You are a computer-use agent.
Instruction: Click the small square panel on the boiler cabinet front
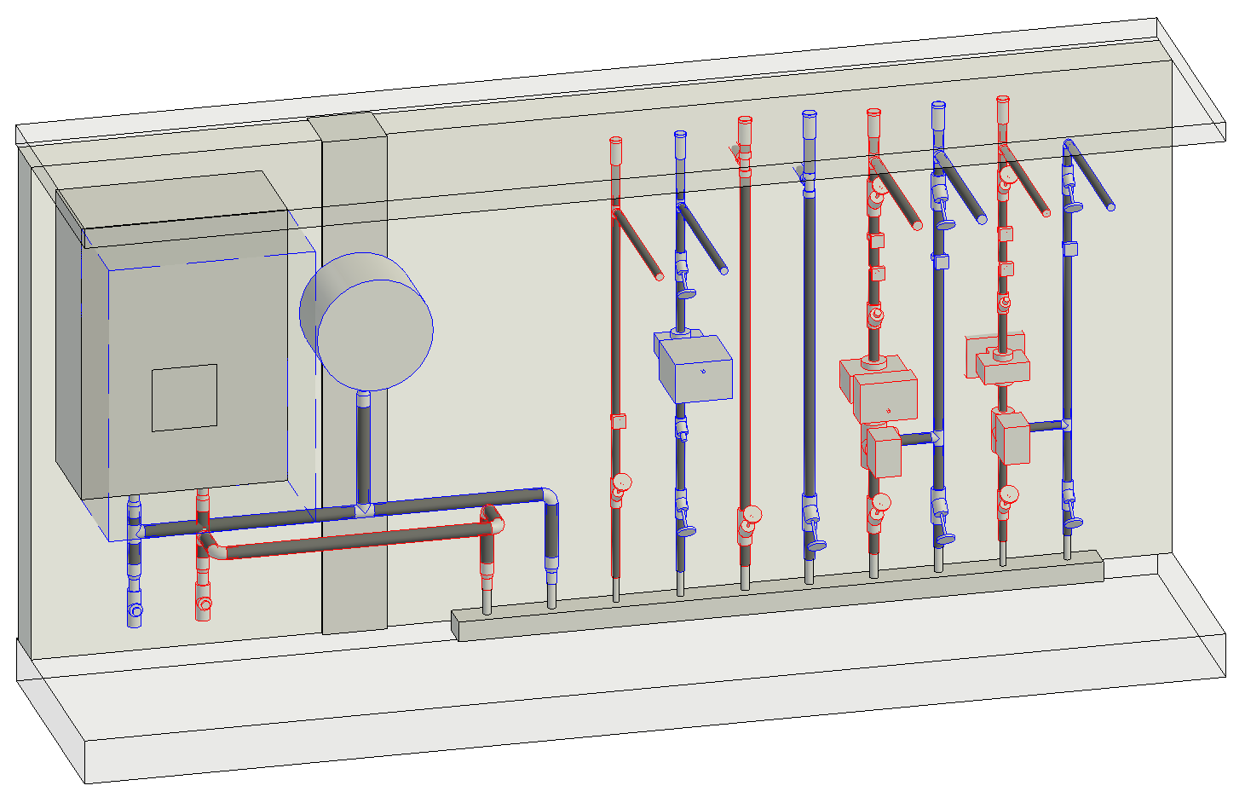[x=184, y=397]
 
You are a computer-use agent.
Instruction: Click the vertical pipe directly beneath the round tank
[x=364, y=448]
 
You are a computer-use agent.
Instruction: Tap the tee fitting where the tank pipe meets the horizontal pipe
[x=364, y=510]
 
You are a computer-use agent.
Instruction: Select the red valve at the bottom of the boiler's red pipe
[x=203, y=605]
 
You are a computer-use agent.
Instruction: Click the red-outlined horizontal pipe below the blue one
[x=358, y=540]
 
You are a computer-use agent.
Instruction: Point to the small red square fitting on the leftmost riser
[x=619, y=421]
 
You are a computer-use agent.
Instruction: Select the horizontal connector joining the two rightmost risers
[x=1046, y=425]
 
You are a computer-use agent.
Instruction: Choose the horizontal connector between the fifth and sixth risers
[x=916, y=438]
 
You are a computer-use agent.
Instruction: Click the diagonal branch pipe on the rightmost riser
[x=1092, y=177]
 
